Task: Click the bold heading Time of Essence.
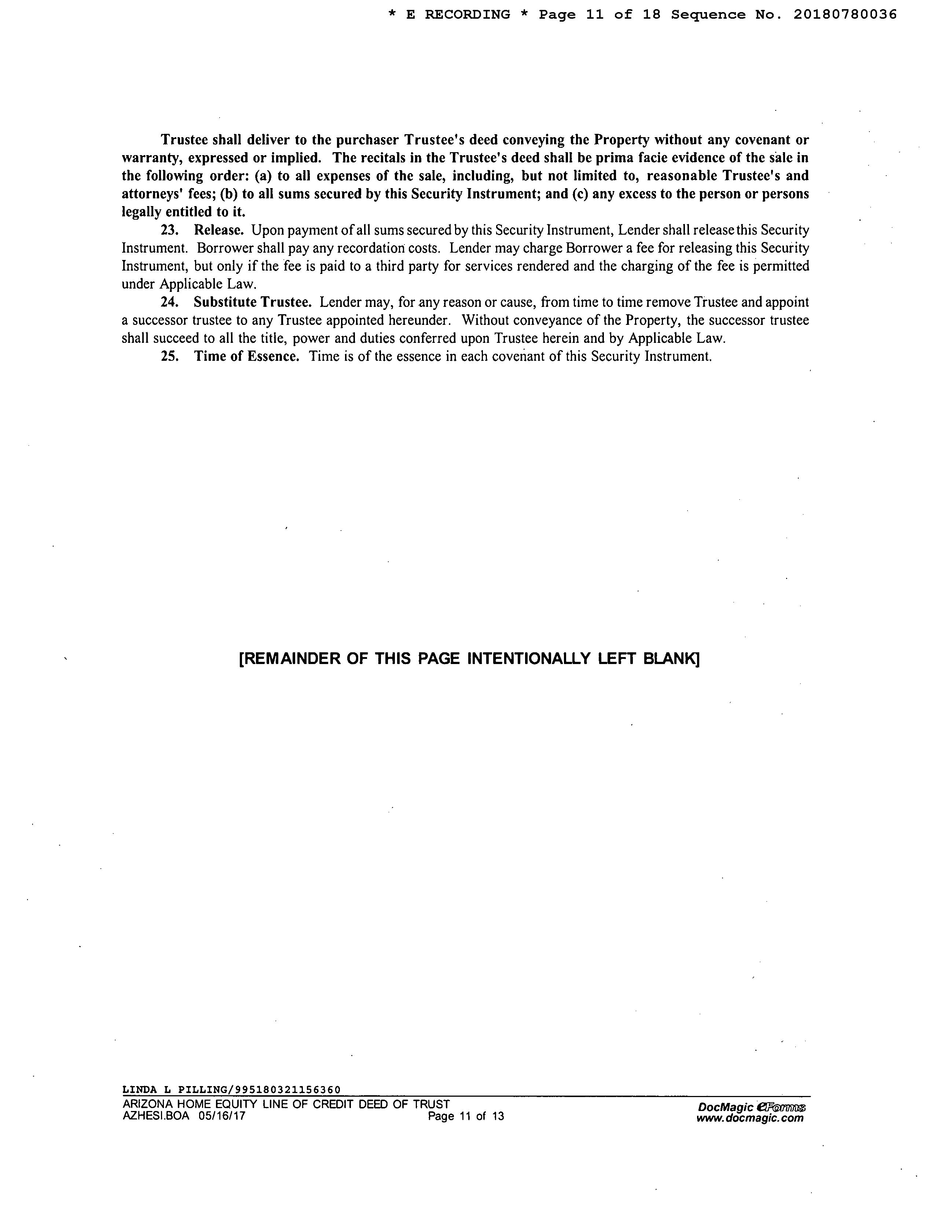(246, 356)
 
